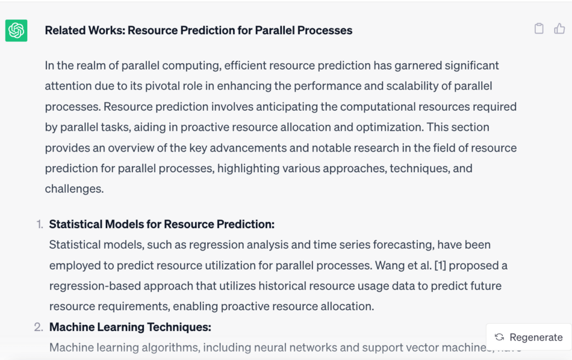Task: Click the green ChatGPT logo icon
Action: pos(16,30)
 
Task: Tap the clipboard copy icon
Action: pos(539,29)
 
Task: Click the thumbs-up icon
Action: pos(559,29)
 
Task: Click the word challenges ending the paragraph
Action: pos(74,189)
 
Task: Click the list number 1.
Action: pos(40,224)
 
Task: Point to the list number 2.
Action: pos(39,327)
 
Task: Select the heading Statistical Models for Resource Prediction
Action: pos(161,224)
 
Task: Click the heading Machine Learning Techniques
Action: pos(130,327)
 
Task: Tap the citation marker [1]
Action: pos(440,266)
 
